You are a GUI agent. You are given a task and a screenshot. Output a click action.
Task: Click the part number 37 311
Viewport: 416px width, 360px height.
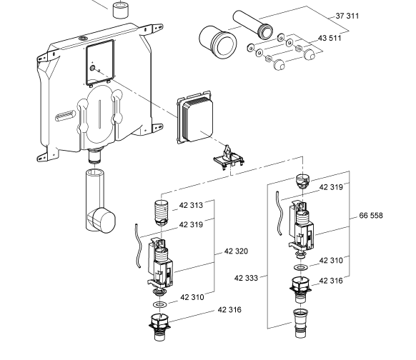point(347,16)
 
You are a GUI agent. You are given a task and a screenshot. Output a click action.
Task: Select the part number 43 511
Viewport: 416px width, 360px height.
point(330,38)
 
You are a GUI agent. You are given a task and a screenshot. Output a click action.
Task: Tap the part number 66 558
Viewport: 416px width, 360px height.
point(371,216)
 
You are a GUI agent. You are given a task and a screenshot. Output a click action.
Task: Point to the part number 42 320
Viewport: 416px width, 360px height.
point(236,251)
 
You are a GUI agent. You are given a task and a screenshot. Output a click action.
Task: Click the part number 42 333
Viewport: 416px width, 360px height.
point(246,278)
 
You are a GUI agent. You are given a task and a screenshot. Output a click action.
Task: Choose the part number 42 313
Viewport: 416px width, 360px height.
point(191,205)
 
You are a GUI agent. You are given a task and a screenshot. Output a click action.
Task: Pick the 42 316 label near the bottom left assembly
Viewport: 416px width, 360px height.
point(229,309)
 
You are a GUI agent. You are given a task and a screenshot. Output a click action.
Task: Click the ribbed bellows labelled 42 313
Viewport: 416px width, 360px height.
point(162,213)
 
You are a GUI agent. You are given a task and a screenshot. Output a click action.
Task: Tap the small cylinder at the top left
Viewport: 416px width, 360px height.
point(121,10)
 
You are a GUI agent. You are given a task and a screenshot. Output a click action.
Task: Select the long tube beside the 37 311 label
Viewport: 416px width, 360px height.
point(252,25)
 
